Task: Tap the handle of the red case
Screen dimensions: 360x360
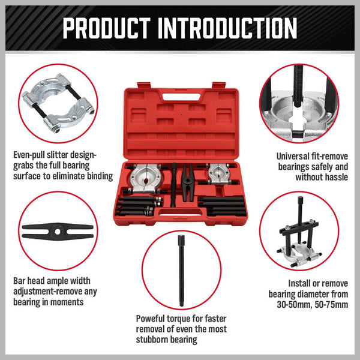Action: pos(179,95)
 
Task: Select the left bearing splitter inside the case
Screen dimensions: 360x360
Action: pos(148,176)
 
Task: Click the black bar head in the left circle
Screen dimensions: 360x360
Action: pos(57,230)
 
